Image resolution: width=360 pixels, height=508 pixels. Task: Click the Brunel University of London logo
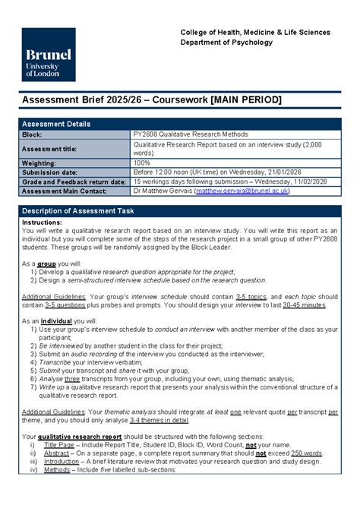click(49, 55)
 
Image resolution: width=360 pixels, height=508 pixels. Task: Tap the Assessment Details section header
click(55, 124)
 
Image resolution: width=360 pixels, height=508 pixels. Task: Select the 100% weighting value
click(142, 162)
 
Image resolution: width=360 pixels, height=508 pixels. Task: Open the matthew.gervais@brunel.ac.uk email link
click(242, 191)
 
